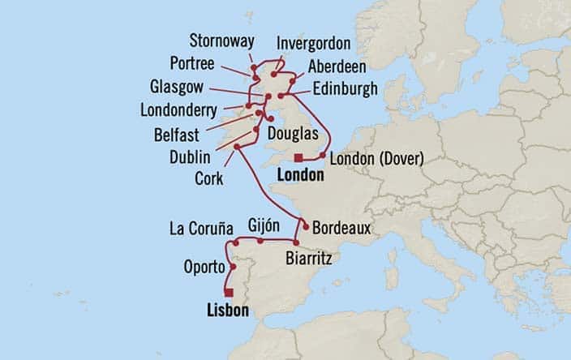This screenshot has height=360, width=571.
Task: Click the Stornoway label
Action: [x=222, y=40]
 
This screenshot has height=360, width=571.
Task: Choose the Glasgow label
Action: [x=181, y=87]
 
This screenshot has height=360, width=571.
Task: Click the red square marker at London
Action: [x=298, y=157]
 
